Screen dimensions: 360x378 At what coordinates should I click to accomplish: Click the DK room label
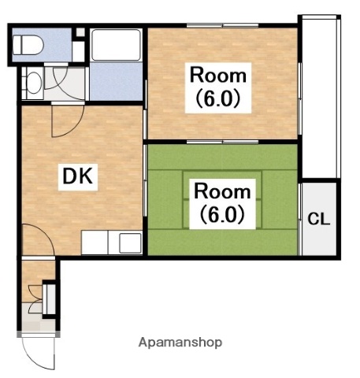[78, 176]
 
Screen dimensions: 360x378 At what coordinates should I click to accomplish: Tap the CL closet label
[318, 219]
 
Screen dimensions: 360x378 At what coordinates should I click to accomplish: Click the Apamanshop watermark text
[180, 343]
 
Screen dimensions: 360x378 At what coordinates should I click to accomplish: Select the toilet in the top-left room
[28, 45]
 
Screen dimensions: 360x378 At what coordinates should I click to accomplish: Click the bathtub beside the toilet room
[116, 45]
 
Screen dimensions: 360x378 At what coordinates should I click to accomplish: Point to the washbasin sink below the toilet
[34, 83]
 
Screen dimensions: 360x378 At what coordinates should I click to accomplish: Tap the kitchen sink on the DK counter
[130, 243]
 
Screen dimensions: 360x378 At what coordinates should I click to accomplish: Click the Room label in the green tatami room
[222, 191]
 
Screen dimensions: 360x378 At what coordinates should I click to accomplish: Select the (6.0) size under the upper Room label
[218, 98]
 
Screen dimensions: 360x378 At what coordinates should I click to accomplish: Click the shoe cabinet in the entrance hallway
[50, 299]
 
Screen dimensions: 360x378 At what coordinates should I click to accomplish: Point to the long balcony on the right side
[319, 97]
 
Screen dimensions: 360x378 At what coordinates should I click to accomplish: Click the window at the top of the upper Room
[222, 25]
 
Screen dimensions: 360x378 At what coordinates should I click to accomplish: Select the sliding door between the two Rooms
[222, 142]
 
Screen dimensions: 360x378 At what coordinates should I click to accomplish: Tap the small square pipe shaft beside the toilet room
[80, 32]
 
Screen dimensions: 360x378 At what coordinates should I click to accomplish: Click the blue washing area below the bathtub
[116, 81]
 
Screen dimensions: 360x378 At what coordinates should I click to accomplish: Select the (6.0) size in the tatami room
[222, 214]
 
